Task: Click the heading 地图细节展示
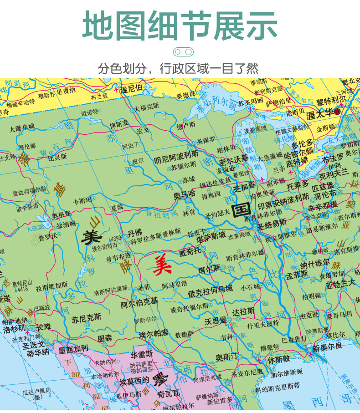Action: [180, 25]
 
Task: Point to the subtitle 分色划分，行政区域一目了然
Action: [178, 69]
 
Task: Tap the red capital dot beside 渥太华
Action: [337, 111]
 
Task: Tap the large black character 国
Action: [240, 210]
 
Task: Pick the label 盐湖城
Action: [66, 224]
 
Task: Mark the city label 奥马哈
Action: [184, 194]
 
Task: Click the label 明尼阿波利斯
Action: [176, 159]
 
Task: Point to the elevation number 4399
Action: [116, 238]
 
